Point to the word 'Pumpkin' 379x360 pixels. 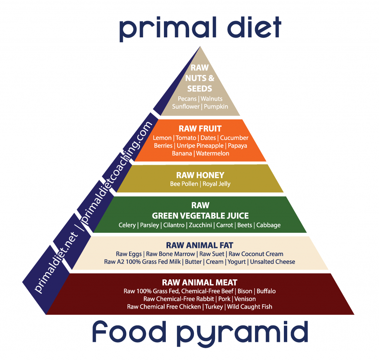coord(216,107)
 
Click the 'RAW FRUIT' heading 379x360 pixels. coord(200,129)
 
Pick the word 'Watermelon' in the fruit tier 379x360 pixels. coord(213,153)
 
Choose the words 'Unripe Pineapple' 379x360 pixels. coord(200,145)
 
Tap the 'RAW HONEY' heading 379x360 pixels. coord(200,175)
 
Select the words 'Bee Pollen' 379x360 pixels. coord(184,184)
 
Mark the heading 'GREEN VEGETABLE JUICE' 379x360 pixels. coord(200,216)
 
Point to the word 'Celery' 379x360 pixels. coord(127,225)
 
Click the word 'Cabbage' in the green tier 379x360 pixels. coord(268,225)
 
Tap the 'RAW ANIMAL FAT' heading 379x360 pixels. coord(200,245)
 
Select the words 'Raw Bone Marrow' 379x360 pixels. coord(171,254)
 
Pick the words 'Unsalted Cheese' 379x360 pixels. coord(272,262)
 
